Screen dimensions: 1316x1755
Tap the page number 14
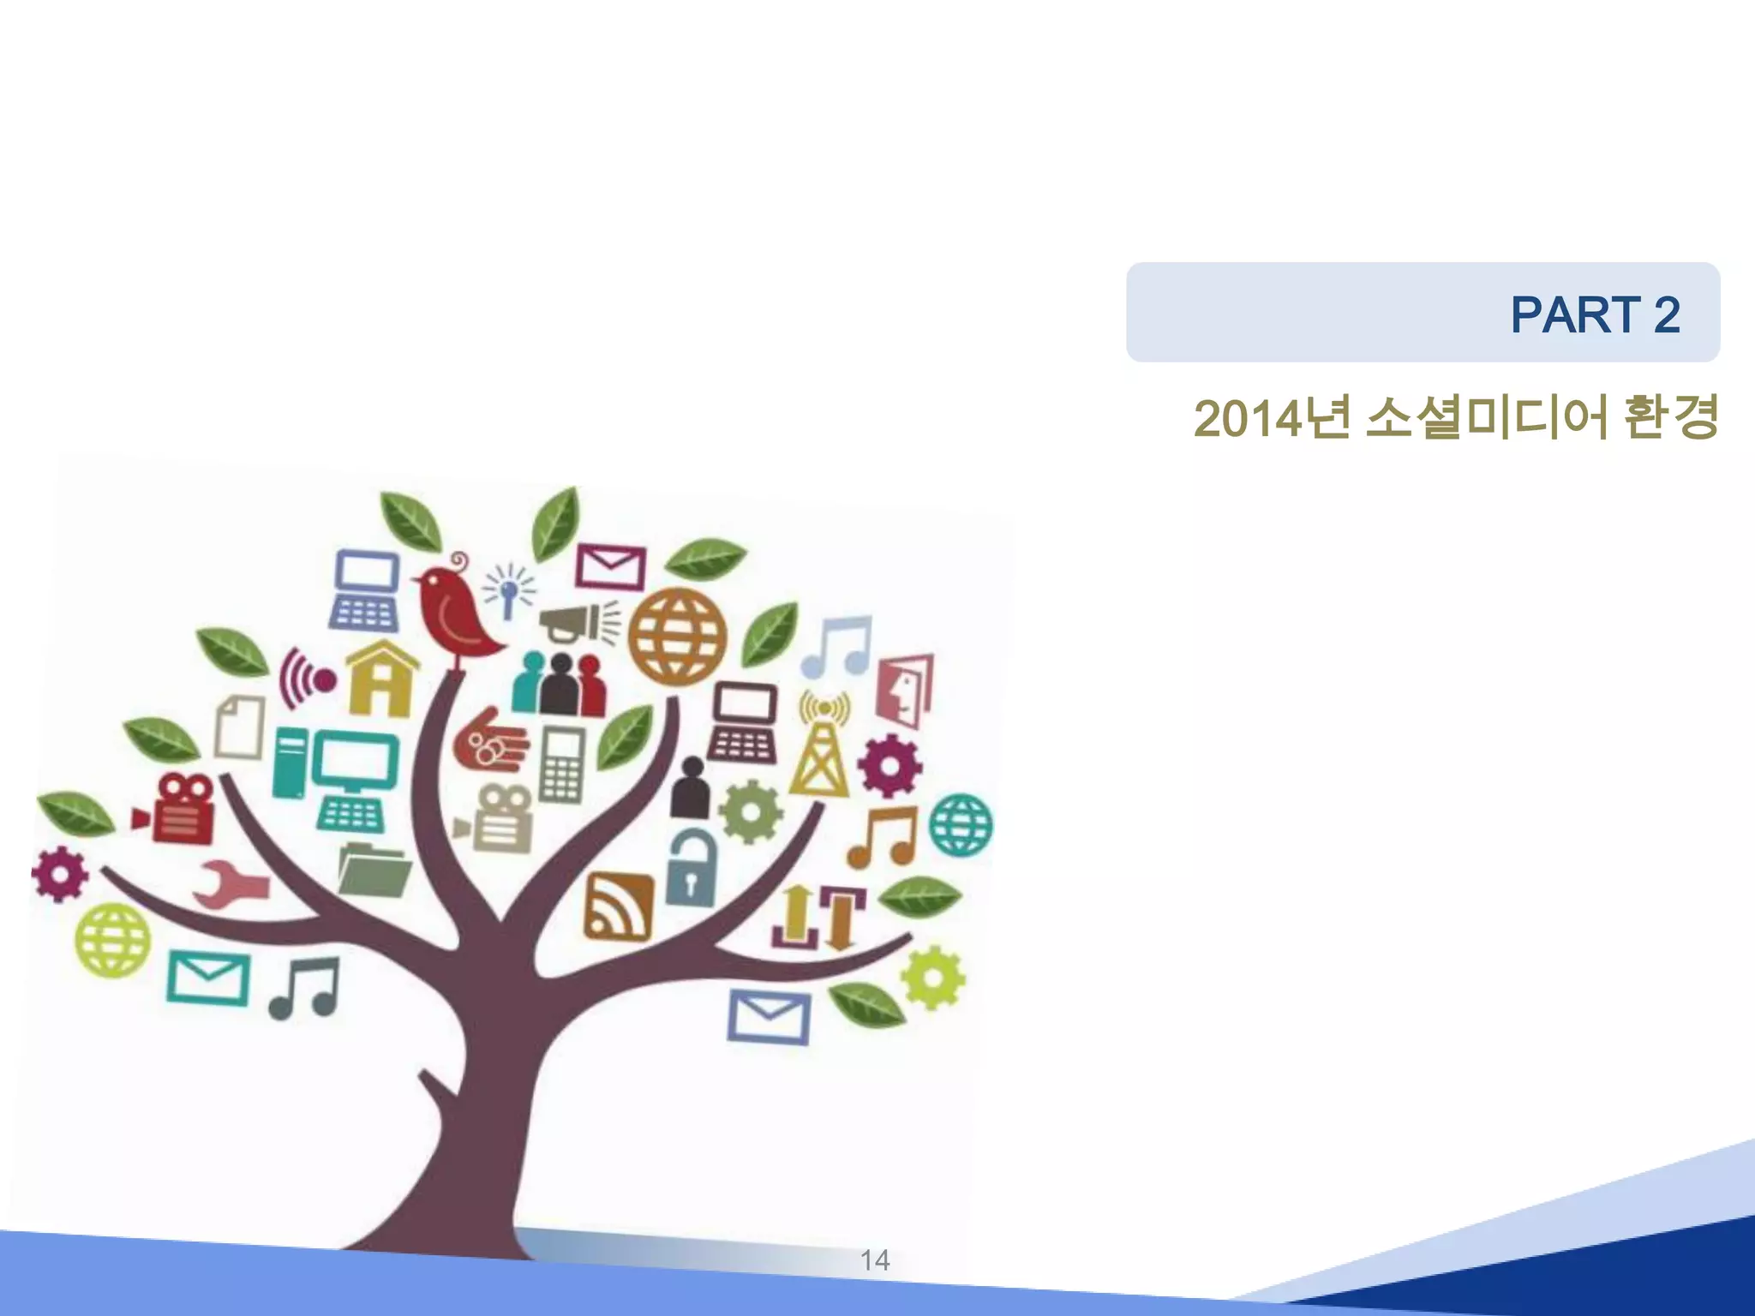875,1260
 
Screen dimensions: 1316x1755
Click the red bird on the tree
454,612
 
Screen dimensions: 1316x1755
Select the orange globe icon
677,637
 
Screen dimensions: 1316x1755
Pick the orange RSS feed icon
618,906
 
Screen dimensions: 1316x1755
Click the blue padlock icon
691,869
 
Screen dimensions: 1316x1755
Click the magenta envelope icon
610,565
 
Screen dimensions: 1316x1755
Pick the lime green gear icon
932,978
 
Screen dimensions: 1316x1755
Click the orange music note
883,837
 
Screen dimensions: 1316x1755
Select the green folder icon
374,870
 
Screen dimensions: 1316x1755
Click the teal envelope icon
208,978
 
